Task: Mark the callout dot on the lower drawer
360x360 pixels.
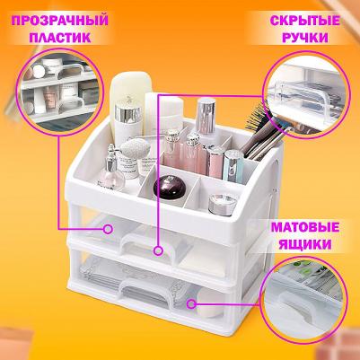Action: pos(192,303)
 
